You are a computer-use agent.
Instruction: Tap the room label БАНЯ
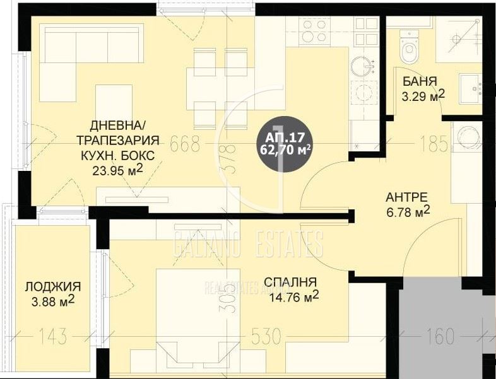tap(420, 81)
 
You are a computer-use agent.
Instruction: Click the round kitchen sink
tap(362, 65)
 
